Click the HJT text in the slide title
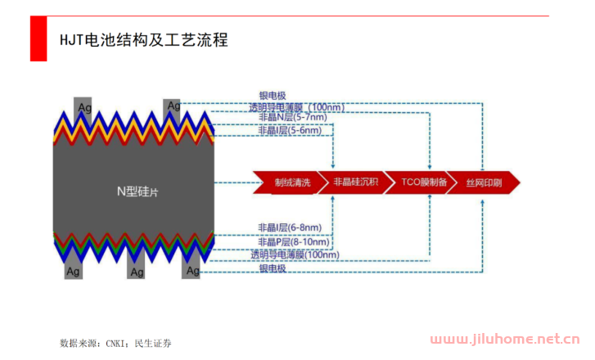(x=71, y=39)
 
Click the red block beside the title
(x=38, y=38)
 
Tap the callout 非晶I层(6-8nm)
(x=289, y=227)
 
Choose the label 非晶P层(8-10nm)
(x=293, y=241)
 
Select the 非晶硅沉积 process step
(x=356, y=182)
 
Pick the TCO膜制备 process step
(x=423, y=182)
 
